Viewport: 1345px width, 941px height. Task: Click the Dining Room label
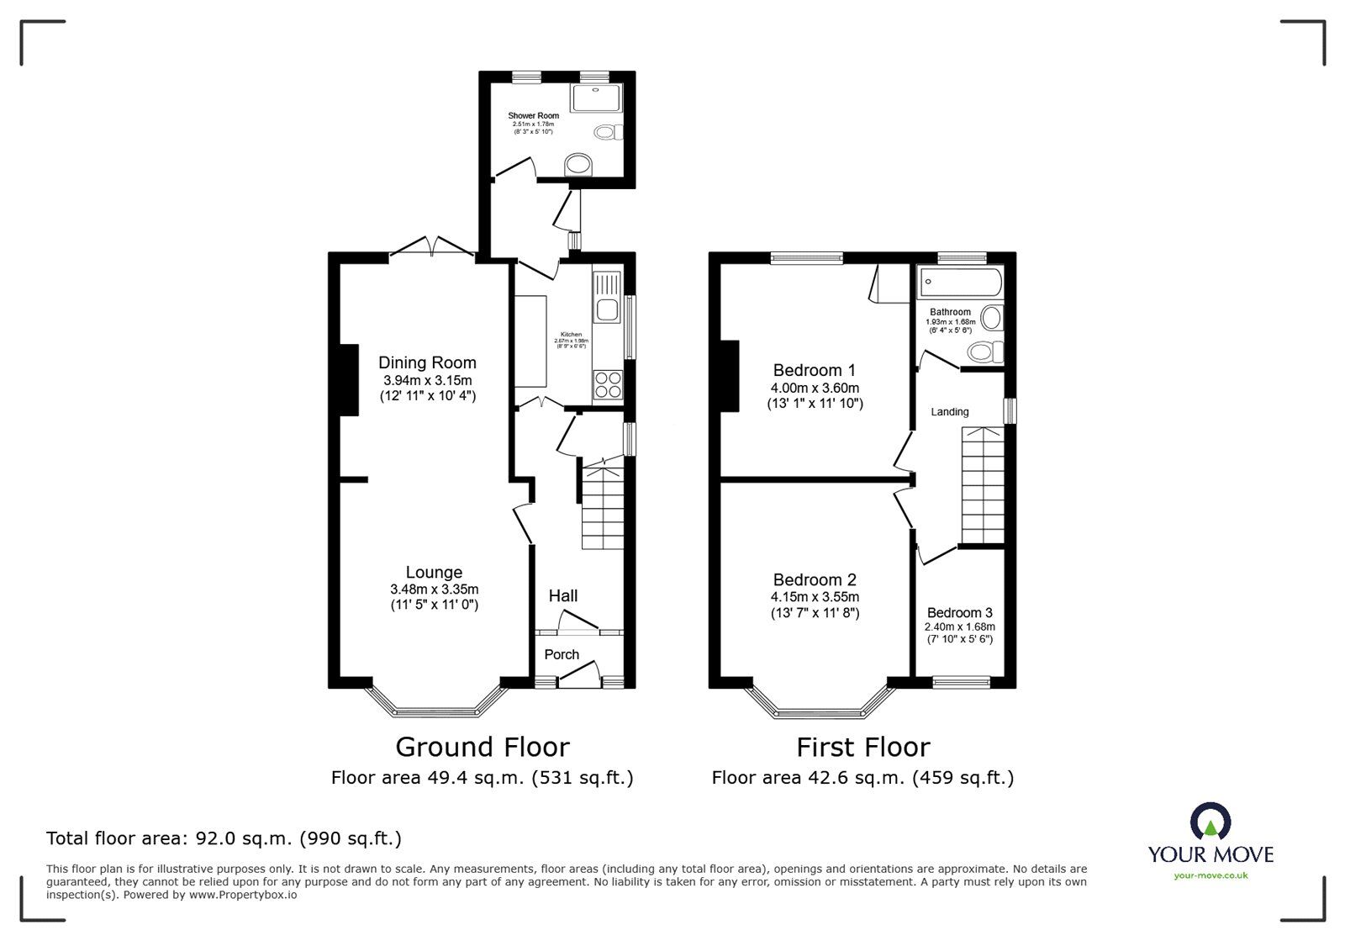(427, 362)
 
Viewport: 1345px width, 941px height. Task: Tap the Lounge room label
(434, 574)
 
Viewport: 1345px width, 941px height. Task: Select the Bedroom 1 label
(814, 370)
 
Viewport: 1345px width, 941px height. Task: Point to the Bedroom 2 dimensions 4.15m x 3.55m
(815, 597)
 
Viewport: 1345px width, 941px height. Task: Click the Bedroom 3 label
(959, 613)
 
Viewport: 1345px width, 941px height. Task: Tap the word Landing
(950, 412)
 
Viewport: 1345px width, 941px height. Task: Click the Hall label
(563, 595)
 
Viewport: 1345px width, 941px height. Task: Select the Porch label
(562, 654)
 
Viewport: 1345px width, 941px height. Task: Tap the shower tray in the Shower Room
(596, 98)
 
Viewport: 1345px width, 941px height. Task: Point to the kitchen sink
(607, 307)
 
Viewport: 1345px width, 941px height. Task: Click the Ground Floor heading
(483, 747)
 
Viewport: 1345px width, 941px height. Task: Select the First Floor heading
(863, 747)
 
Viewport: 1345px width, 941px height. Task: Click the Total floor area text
(224, 838)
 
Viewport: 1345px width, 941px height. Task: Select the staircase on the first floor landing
(983, 485)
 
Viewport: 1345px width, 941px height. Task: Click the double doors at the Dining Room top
(432, 247)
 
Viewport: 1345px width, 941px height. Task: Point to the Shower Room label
(533, 116)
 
